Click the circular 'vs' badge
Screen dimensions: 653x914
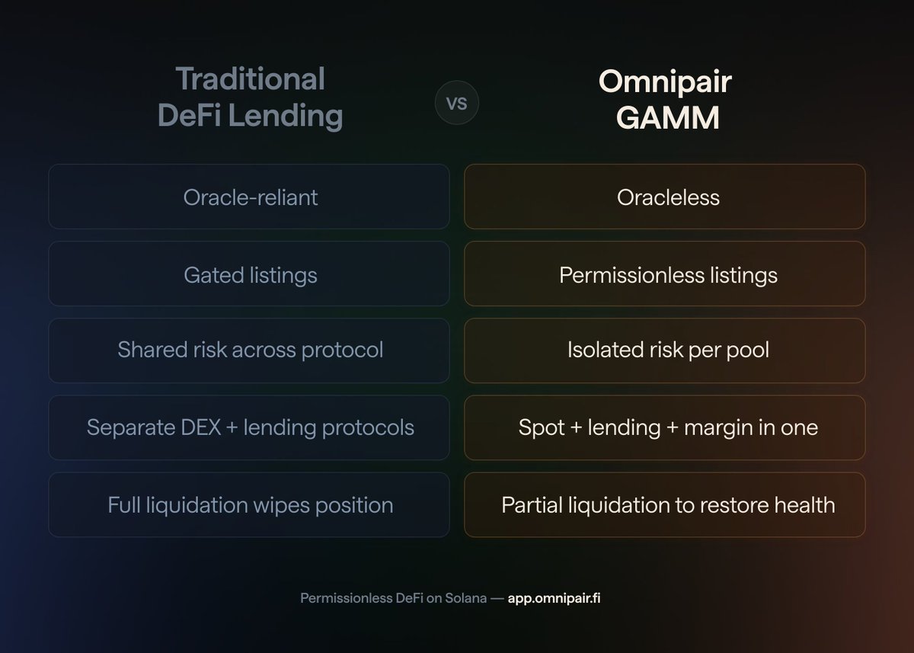pyautogui.click(x=456, y=103)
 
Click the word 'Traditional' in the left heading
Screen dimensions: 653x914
pyautogui.click(x=251, y=78)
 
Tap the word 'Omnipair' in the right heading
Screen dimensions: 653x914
pyautogui.click(x=665, y=82)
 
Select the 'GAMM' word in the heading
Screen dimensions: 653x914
pyautogui.click(x=665, y=118)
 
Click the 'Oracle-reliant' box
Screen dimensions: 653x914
pyautogui.click(x=249, y=197)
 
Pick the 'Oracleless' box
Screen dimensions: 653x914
pyautogui.click(x=665, y=197)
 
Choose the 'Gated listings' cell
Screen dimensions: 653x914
pyautogui.click(x=249, y=274)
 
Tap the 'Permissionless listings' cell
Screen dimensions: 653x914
pyautogui.click(x=665, y=274)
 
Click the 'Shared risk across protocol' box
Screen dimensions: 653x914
pyautogui.click(x=249, y=351)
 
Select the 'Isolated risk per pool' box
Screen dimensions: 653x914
pyautogui.click(x=665, y=351)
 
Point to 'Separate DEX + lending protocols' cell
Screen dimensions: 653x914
pyautogui.click(x=249, y=427)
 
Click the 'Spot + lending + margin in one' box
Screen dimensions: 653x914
pyautogui.click(x=665, y=427)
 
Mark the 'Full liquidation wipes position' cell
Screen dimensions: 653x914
pyautogui.click(x=249, y=504)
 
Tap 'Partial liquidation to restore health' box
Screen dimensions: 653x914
pyautogui.click(x=665, y=504)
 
